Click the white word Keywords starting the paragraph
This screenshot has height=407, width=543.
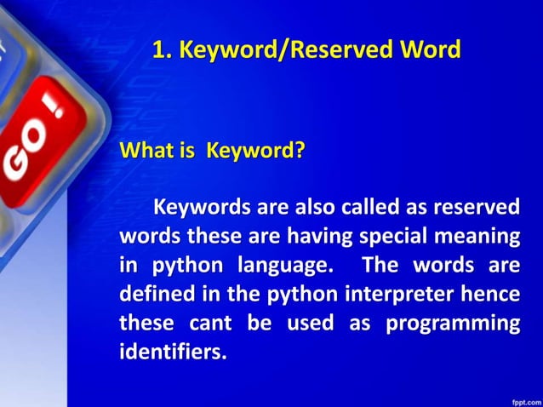(x=202, y=207)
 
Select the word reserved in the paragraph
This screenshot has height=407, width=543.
(x=477, y=207)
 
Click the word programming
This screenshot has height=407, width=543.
(x=453, y=323)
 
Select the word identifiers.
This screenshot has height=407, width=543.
(x=173, y=351)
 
